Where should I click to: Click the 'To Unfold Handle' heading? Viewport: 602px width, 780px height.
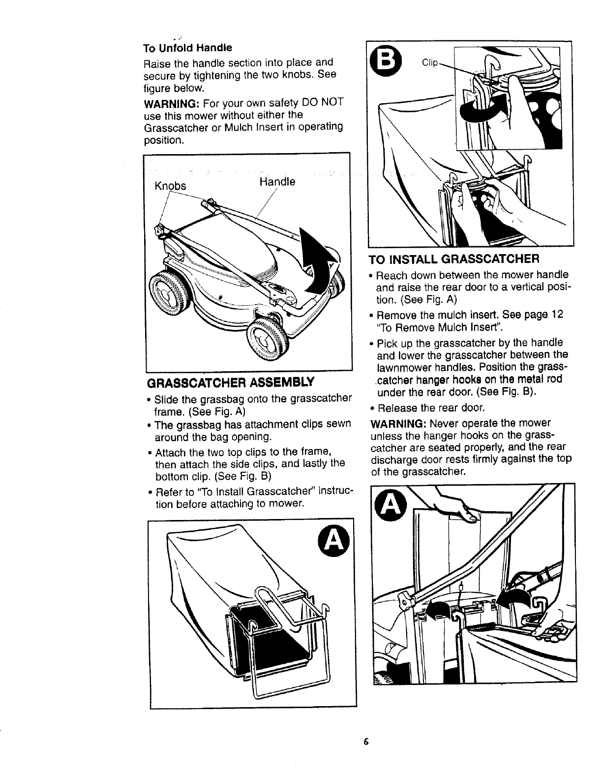pyautogui.click(x=187, y=49)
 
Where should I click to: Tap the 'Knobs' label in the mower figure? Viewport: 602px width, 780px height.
pyautogui.click(x=170, y=186)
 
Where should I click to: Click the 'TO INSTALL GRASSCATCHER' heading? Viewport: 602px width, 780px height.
pyautogui.click(x=455, y=259)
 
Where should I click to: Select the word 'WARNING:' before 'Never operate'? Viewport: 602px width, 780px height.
pyautogui.click(x=396, y=423)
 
